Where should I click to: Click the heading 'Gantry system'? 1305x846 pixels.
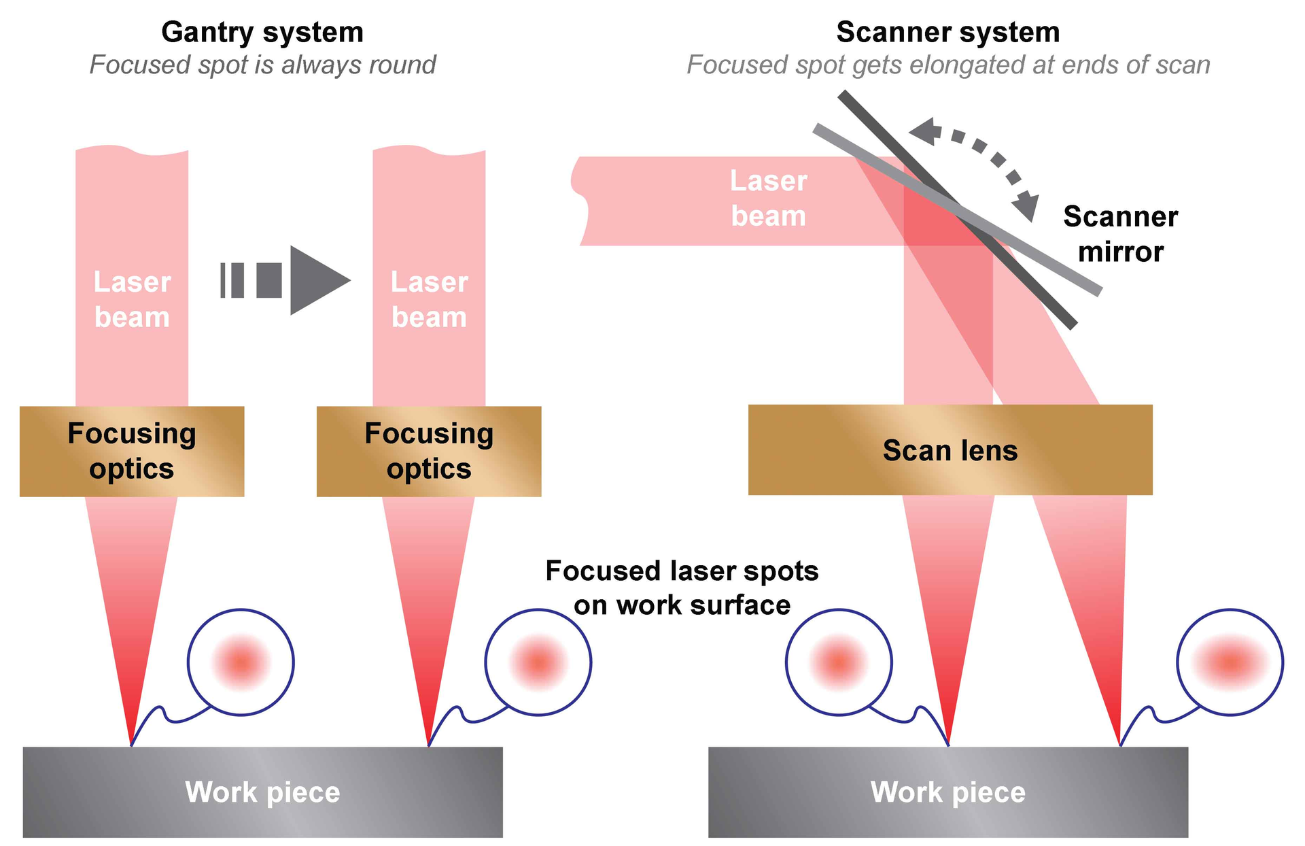262,32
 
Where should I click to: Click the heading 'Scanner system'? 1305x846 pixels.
947,32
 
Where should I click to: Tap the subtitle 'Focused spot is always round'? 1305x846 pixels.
262,65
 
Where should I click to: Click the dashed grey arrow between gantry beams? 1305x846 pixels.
285,280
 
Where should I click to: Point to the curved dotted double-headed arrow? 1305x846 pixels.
979,160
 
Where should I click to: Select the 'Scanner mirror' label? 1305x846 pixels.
1120,234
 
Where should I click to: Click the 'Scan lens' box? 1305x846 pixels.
950,450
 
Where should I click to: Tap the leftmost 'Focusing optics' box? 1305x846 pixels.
131,451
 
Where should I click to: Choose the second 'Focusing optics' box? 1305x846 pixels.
428,451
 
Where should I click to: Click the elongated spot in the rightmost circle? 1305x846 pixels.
1230,661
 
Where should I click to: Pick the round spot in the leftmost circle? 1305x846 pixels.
241,661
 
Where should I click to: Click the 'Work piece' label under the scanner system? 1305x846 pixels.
947,792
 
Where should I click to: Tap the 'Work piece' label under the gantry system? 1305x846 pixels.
262,792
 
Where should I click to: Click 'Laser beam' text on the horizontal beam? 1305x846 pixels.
768,199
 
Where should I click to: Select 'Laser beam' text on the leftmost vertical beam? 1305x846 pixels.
132,299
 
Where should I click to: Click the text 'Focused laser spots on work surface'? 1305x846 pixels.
682,588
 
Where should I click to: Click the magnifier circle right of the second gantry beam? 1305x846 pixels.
538,661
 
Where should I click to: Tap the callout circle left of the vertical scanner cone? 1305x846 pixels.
838,661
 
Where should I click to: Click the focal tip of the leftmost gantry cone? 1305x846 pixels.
131,744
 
